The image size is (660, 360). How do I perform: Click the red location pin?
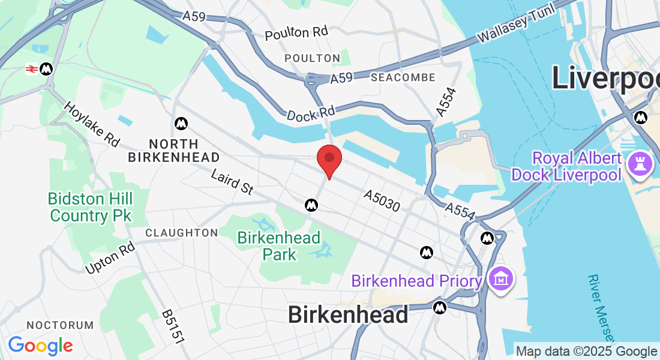tap(329, 159)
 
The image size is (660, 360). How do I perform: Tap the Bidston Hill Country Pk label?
tap(91, 206)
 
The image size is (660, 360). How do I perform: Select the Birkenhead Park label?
tap(279, 246)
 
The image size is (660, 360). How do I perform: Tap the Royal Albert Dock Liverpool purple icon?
tap(640, 163)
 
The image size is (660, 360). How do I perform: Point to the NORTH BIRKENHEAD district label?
tap(174, 151)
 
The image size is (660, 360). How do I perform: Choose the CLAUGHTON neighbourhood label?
tap(182, 232)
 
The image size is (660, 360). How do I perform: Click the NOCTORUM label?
tap(61, 325)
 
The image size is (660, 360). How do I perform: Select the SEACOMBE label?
tap(403, 78)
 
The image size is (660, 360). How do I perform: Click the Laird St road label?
tap(232, 182)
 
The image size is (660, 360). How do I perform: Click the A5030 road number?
tap(382, 201)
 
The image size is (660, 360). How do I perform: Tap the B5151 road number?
tap(173, 327)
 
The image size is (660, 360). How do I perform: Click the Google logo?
tap(40, 345)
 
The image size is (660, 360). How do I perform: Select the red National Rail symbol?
tap(32, 70)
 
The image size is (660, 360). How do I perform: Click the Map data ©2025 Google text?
tap(586, 352)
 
